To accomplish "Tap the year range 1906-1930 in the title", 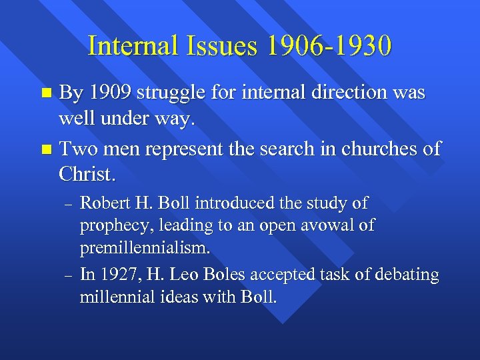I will point(329,46).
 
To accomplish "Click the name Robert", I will point(103,203).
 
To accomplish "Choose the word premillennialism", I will point(145,249).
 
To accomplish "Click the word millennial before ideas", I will point(113,297).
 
